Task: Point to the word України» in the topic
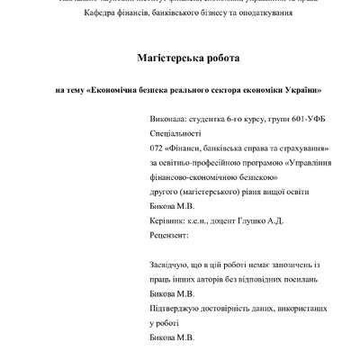pos(301,90)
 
